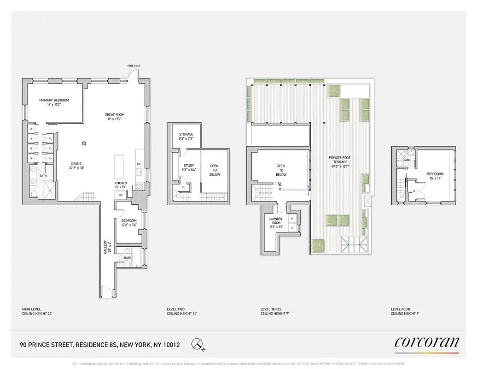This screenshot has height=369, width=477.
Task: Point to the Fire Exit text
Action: pyautogui.click(x=134, y=66)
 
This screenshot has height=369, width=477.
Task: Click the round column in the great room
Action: pyautogui.click(x=84, y=143)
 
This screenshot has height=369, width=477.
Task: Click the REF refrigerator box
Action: pyautogui.click(x=121, y=195)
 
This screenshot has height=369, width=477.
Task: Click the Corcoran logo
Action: pyautogui.click(x=427, y=343)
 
